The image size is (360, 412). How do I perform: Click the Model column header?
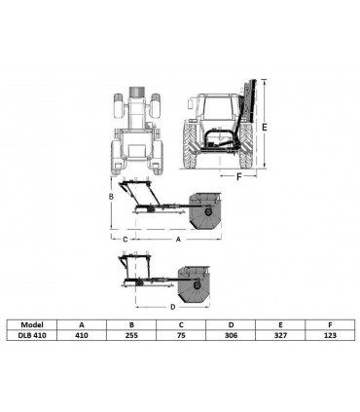click(x=32, y=324)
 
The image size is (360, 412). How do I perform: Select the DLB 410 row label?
click(x=32, y=335)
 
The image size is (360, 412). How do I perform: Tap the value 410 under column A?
click(x=82, y=335)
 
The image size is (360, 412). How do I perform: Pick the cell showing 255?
click(x=131, y=335)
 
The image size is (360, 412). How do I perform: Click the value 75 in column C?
click(x=181, y=335)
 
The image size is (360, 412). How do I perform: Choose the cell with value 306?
click(x=231, y=335)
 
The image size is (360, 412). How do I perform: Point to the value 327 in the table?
click(x=280, y=335)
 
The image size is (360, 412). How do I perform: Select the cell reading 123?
click(x=330, y=335)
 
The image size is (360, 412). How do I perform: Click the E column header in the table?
click(x=280, y=324)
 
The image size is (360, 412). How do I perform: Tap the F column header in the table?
click(x=330, y=324)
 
